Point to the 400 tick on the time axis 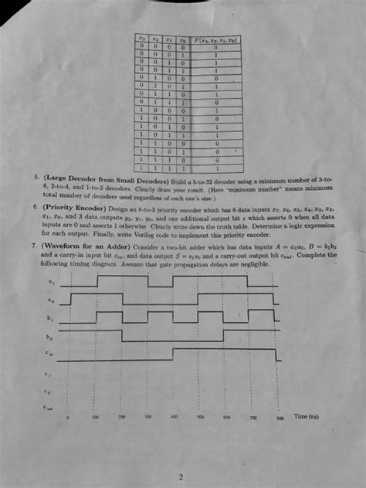[x=175, y=416]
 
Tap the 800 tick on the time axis [x=280, y=416]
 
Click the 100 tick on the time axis [x=95, y=416]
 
